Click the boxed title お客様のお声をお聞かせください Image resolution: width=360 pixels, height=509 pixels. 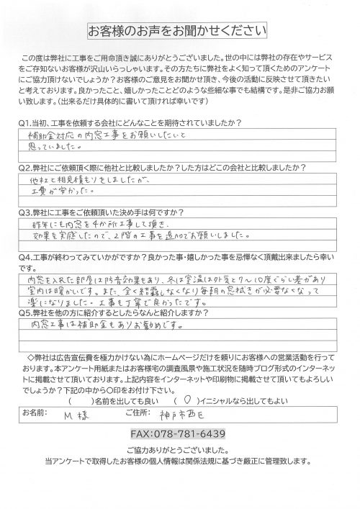(x=178, y=31)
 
